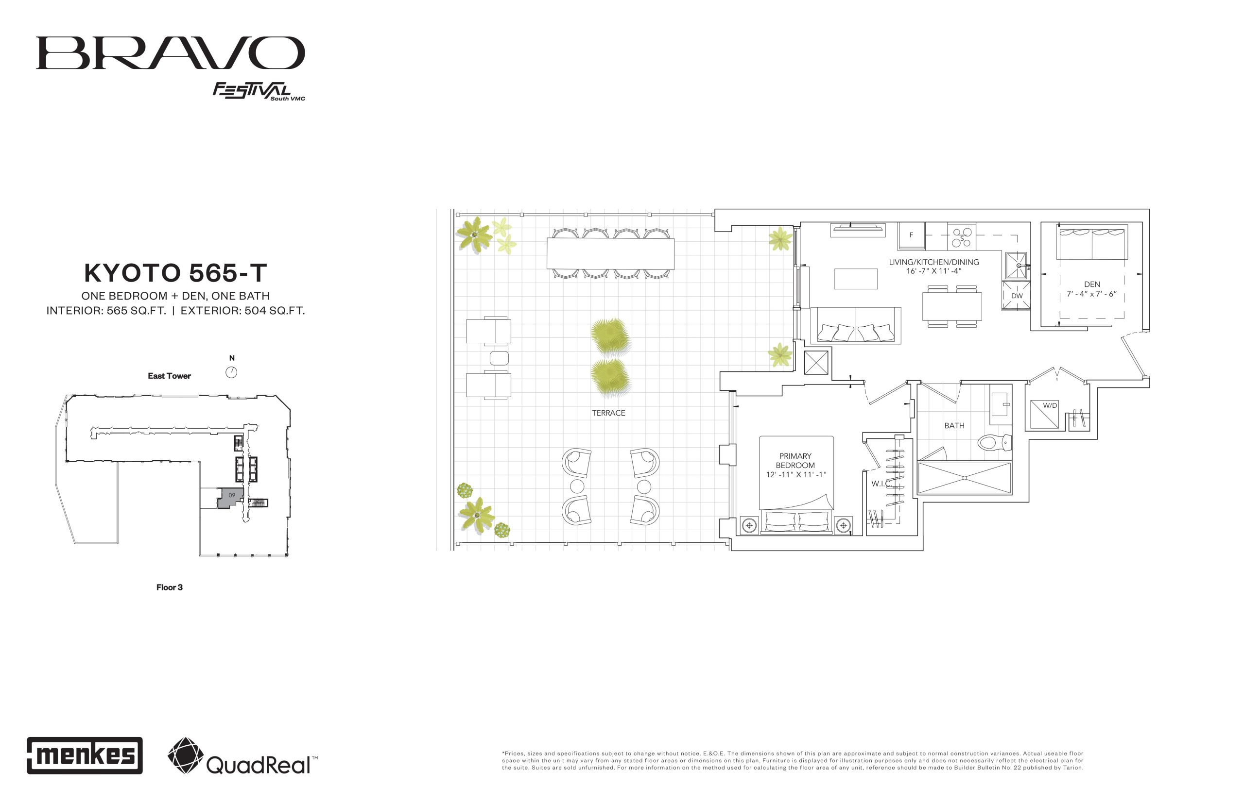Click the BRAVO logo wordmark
[x=171, y=53]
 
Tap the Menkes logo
[x=85, y=755]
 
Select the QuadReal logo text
[x=259, y=765]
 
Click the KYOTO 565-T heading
[x=175, y=272]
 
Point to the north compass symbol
[x=231, y=372]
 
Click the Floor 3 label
[x=169, y=587]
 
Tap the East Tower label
[x=169, y=376]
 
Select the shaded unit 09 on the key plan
[x=230, y=498]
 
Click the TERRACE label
[x=608, y=413]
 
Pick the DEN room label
[x=1092, y=285]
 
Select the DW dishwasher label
[x=1017, y=296]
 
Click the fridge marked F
[x=911, y=235]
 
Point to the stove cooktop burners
[x=961, y=236]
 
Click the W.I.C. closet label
[x=881, y=484]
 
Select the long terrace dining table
[x=610, y=254]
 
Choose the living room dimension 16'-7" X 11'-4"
[x=933, y=271]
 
